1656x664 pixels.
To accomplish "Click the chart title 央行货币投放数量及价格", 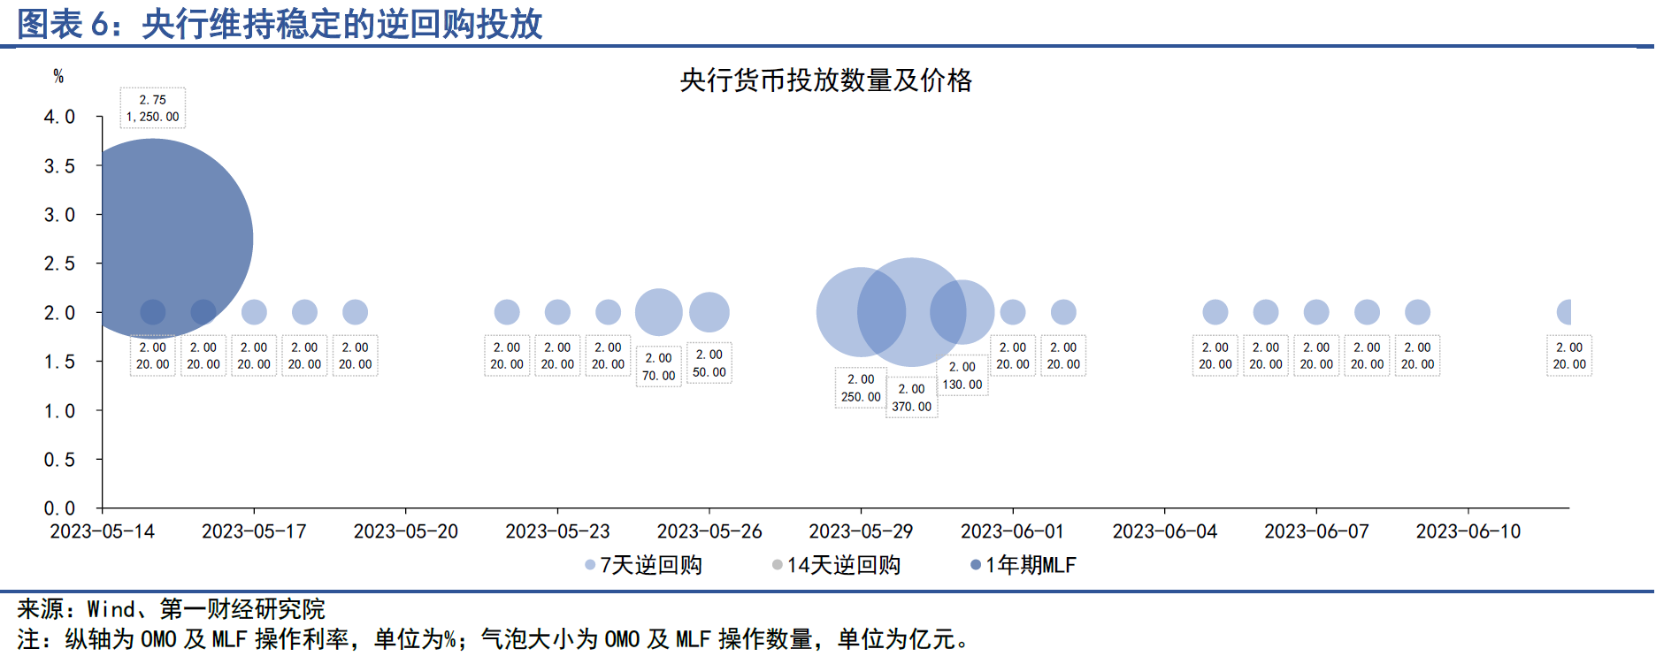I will (x=825, y=80).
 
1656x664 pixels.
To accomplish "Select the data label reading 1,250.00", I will (x=153, y=117).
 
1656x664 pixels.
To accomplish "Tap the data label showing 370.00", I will (x=911, y=407).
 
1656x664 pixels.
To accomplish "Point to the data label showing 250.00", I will (x=861, y=397).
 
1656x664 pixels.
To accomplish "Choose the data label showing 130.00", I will (x=962, y=385).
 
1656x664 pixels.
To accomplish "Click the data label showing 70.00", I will (x=658, y=376).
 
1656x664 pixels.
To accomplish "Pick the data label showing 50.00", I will (x=709, y=372).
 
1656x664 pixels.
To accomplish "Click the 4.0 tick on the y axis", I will (x=59, y=117).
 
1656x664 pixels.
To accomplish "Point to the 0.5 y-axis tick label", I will (x=59, y=460).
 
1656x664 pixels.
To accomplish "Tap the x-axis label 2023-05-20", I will (x=406, y=531).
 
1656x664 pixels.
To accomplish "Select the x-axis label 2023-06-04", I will (x=1164, y=531).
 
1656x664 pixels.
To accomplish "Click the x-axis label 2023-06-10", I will (x=1468, y=531).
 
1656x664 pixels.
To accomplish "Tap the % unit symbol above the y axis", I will (x=58, y=77).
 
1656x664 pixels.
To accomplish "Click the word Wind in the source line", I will (x=111, y=609).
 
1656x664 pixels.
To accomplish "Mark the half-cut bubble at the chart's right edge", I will (x=1564, y=312).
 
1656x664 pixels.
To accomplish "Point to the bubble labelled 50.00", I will (x=709, y=312).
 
